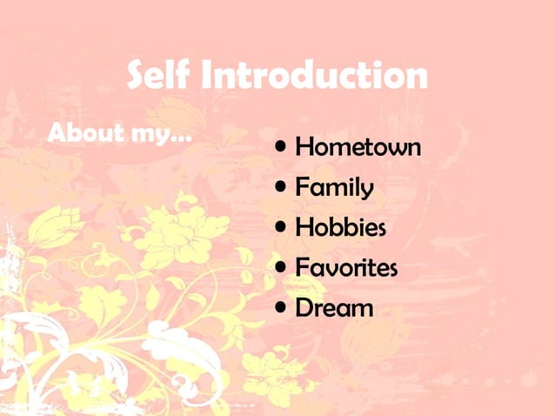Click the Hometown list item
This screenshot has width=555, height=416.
(358, 147)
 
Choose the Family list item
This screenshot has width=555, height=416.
(335, 187)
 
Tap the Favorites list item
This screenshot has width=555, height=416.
(346, 267)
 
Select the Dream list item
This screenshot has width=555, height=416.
(334, 307)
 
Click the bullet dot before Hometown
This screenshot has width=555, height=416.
(282, 146)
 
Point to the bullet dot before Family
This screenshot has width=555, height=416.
(282, 186)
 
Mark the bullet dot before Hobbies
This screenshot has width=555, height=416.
(282, 226)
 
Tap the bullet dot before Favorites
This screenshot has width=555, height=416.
(282, 266)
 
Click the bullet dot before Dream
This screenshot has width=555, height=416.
(282, 306)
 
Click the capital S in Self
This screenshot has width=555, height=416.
(137, 76)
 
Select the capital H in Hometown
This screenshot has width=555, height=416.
(304, 147)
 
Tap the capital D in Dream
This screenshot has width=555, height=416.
(304, 307)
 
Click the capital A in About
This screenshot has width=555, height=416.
(58, 134)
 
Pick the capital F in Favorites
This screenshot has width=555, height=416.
(303, 267)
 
